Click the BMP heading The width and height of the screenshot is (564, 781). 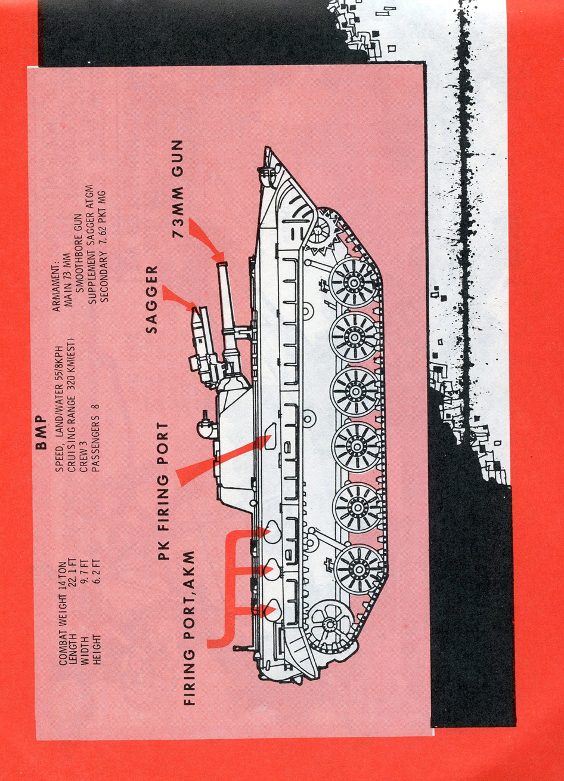coord(41,433)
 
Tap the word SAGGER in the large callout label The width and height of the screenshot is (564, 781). coord(151,300)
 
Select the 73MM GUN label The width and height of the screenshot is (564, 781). coord(177,189)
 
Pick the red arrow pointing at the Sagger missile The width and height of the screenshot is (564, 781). coord(180,298)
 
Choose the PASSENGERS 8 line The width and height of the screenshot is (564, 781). coord(95,439)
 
